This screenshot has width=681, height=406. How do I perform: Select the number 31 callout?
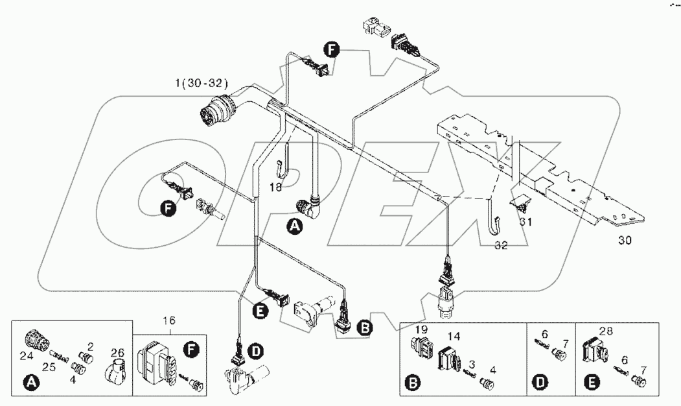[x=526, y=221]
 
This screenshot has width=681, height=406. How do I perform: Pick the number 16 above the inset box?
[x=169, y=320]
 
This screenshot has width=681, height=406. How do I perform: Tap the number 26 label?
[x=117, y=353]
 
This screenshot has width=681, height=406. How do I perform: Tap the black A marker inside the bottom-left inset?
[x=30, y=385]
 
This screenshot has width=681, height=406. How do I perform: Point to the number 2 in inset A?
[x=90, y=346]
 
